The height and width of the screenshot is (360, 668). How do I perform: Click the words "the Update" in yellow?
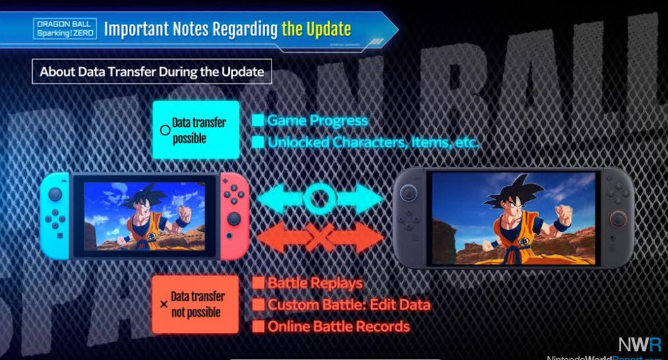(316, 28)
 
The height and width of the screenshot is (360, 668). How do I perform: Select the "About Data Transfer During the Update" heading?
(152, 71)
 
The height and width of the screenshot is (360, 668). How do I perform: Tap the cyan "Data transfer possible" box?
(195, 129)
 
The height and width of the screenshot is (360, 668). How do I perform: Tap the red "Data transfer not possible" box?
(195, 304)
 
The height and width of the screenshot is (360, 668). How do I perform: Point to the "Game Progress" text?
(317, 120)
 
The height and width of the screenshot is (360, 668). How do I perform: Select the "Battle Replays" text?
(315, 283)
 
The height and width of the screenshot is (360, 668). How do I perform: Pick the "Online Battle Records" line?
(338, 327)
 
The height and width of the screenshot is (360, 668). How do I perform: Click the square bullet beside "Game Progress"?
(258, 121)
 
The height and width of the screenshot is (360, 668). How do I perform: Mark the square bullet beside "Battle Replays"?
(258, 284)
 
